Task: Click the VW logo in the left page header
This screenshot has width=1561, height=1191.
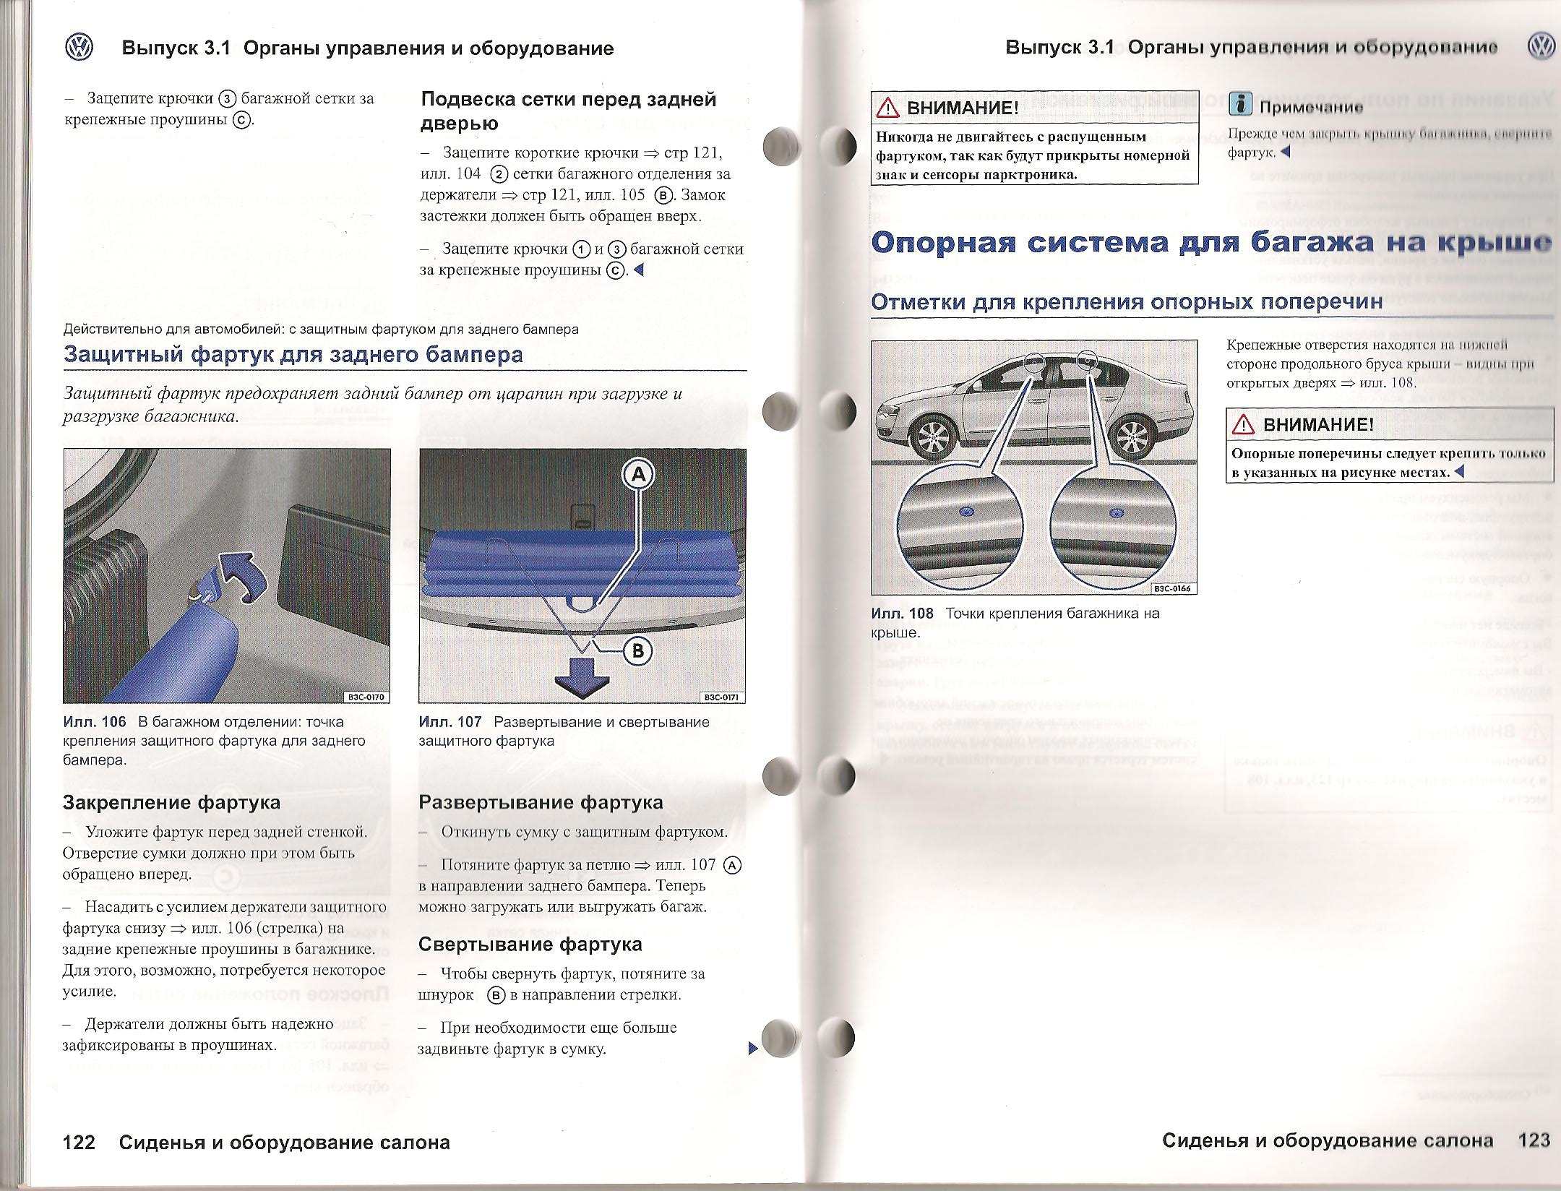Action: (79, 48)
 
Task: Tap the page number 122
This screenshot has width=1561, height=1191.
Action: (79, 1142)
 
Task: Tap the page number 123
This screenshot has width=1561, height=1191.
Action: (1534, 1140)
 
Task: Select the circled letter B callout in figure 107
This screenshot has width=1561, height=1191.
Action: (638, 650)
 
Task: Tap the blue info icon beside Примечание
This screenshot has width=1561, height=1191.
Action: (1240, 106)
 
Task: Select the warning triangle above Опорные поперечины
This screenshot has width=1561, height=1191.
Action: (1244, 424)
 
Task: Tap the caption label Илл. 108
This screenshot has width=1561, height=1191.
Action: (902, 614)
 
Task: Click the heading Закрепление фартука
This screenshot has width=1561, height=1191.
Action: (171, 802)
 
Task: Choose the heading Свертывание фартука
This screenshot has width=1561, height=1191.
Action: (530, 945)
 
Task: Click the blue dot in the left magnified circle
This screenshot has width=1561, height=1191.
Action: (965, 512)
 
